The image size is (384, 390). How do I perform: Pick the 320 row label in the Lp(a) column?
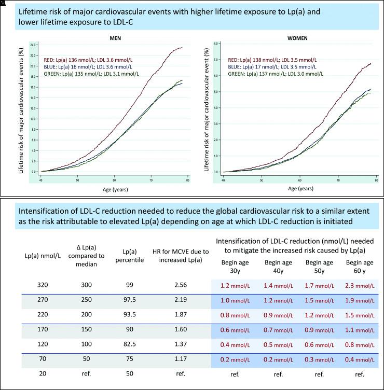(34, 285)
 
